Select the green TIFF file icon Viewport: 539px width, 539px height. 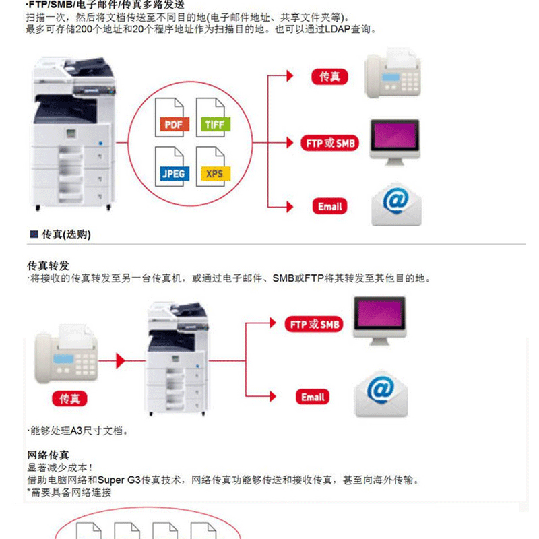click(213, 117)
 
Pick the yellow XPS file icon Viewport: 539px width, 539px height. click(213, 166)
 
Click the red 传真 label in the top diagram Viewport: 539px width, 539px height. click(329, 76)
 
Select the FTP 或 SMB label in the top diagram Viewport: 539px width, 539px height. click(330, 143)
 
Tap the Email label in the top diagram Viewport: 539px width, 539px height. click(330, 206)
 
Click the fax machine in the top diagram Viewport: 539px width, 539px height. click(393, 73)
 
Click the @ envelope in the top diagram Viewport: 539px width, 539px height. click(396, 204)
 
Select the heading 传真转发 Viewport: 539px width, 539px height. click(48, 265)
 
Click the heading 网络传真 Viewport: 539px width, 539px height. click(48, 455)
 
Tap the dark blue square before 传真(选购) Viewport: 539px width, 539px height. click(34, 234)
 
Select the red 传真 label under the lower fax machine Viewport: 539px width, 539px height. click(69, 399)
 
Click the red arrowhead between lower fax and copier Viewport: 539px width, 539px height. click(121, 361)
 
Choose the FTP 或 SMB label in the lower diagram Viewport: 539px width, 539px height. click(314, 324)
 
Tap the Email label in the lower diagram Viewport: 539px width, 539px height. click(313, 397)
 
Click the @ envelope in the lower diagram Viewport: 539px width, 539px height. click(381, 394)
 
